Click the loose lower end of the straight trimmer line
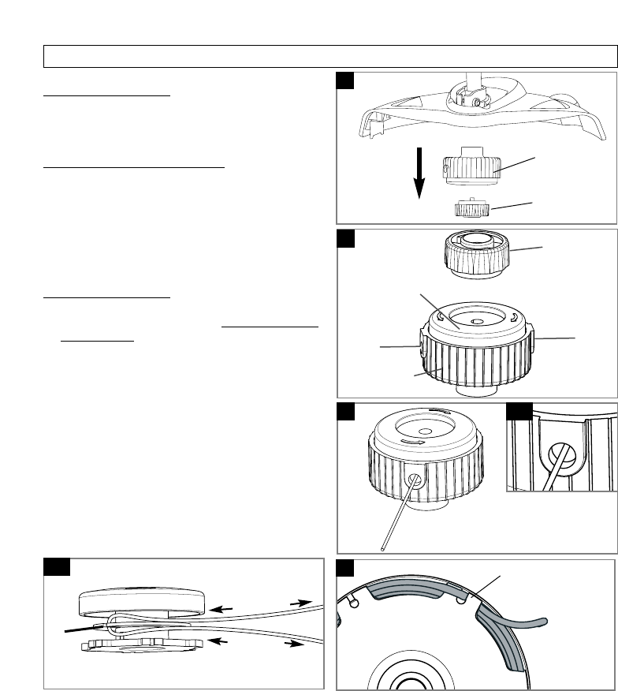coord(382,546)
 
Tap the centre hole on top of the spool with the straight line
coord(425,431)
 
